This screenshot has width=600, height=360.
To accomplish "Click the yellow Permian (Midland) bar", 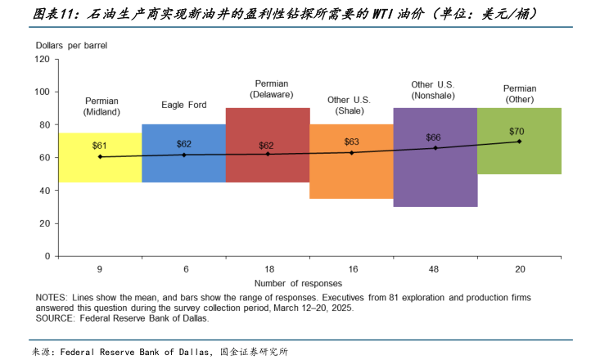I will point(100,168).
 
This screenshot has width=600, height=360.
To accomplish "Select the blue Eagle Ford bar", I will point(183,164).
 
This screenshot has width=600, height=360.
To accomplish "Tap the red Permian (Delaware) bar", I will point(267,168).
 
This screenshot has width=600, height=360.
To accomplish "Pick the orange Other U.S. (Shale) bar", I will point(351,176).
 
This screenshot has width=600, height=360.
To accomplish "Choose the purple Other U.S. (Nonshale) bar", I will point(435,176).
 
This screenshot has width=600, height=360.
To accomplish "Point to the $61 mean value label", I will point(100,146).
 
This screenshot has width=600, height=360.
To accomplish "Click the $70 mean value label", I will point(517,131).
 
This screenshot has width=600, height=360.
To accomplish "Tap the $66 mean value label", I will point(434,137).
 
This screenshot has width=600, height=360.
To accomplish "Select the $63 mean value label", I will point(350,142).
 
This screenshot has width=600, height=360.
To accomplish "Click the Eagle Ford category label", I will point(183,105).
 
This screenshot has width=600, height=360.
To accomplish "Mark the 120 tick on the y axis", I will point(43,60).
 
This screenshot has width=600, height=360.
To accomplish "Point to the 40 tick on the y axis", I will point(45,191).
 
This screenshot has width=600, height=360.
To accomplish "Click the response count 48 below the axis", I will point(435,269).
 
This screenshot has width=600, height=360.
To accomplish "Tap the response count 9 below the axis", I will point(100,269).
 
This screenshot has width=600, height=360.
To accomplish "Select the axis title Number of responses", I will point(309,282).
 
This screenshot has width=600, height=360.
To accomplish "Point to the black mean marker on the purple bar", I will point(435,148).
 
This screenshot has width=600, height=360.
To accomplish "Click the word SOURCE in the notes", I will point(56,318).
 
